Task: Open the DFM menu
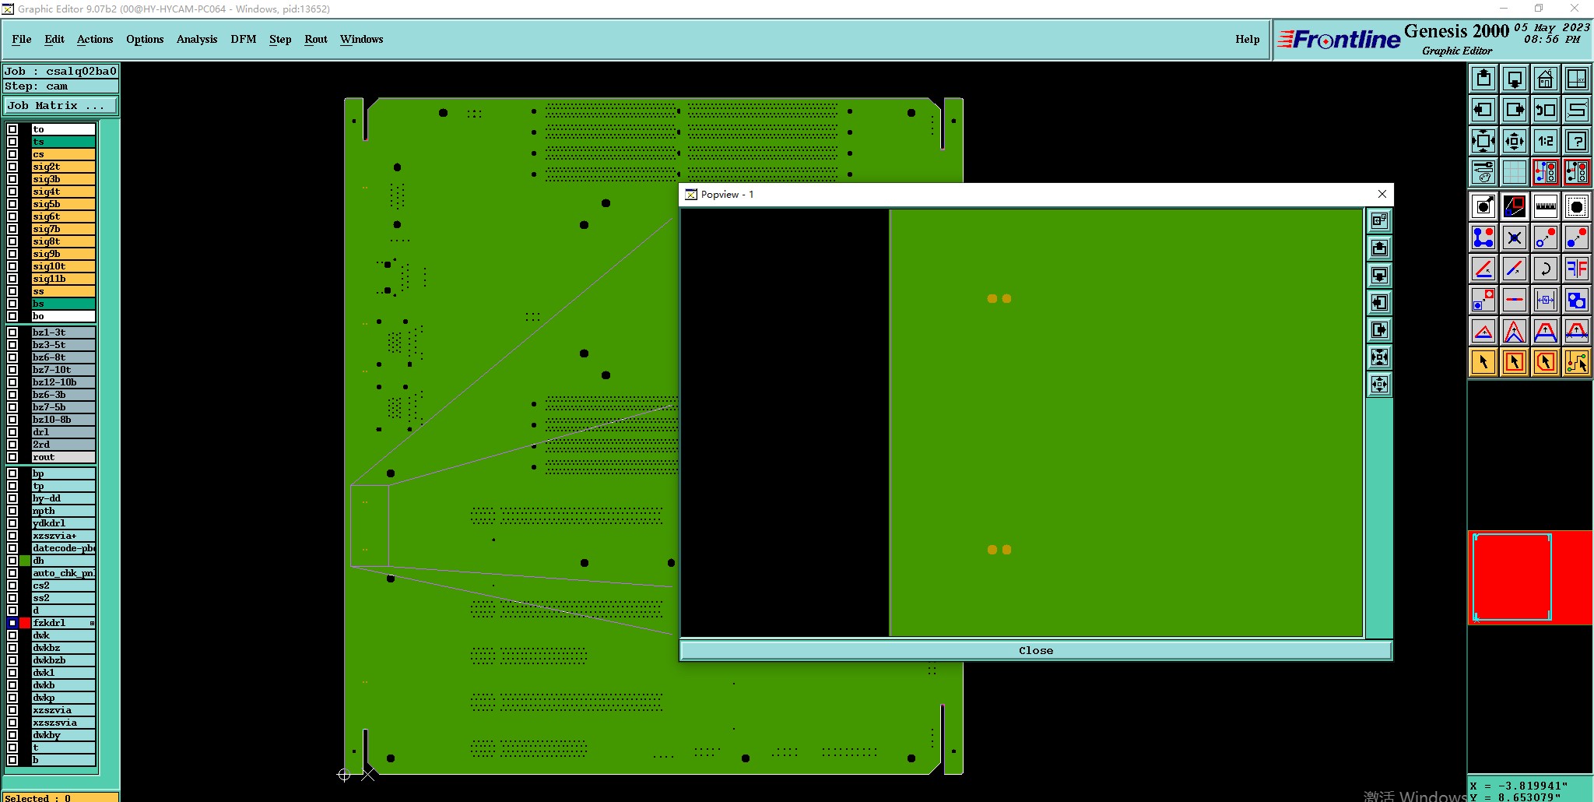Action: click(243, 39)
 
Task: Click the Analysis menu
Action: click(196, 39)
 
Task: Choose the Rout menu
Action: click(315, 39)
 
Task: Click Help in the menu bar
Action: click(1247, 39)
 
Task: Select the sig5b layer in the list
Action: click(62, 204)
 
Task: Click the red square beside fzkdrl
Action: click(25, 623)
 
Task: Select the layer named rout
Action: click(62, 457)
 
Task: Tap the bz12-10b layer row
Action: click(62, 382)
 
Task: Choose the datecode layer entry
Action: click(62, 548)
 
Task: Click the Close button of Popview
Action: click(1035, 650)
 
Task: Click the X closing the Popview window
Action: click(1382, 194)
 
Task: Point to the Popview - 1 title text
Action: click(727, 195)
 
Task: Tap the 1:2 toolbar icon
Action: click(1545, 141)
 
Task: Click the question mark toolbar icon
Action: click(1576, 141)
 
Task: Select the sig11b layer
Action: click(62, 279)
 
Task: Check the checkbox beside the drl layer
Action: click(12, 432)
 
